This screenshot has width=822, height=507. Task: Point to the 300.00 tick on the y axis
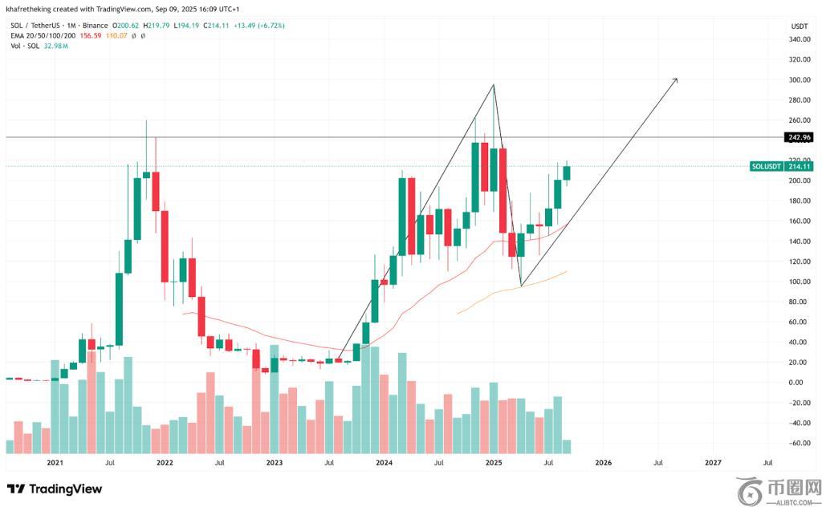pos(798,80)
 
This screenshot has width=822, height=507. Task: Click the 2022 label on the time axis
pos(165,463)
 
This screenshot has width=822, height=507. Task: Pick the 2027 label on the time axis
pos(712,463)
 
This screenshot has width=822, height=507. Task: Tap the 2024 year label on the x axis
pos(384,463)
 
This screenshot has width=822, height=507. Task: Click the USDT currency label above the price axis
pos(798,26)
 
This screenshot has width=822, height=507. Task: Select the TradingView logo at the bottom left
pos(55,489)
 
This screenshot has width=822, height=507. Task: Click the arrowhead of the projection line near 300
pos(676,79)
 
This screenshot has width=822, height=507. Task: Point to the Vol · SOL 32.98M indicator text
pos(39,47)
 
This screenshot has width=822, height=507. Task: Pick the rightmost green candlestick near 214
pos(567,172)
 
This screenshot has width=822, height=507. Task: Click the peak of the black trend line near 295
pos(493,85)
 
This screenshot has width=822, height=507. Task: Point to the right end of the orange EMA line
pos(567,272)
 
